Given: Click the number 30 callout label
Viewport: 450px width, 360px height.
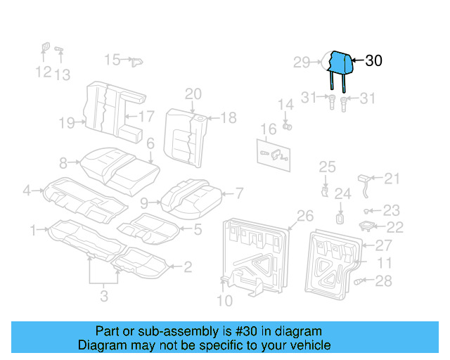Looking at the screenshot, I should click(x=373, y=61).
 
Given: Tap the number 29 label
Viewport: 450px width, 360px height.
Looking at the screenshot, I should click(x=302, y=63).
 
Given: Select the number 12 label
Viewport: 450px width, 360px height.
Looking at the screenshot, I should click(x=43, y=72).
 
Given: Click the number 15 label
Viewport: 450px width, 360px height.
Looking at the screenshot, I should click(x=112, y=60).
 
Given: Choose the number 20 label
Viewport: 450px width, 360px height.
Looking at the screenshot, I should click(x=193, y=94).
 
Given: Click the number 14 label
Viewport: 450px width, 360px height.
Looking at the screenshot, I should click(x=285, y=105).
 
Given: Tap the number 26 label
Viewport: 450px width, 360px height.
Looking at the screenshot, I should click(x=304, y=215).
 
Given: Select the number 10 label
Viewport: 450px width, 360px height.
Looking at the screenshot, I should click(x=224, y=302).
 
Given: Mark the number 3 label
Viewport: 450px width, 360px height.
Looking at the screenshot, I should click(x=104, y=297).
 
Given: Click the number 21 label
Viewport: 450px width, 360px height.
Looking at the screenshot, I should click(x=391, y=179).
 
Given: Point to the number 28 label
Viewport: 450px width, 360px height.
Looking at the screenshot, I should click(x=382, y=282).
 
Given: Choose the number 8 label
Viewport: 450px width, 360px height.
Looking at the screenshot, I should click(x=63, y=164).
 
